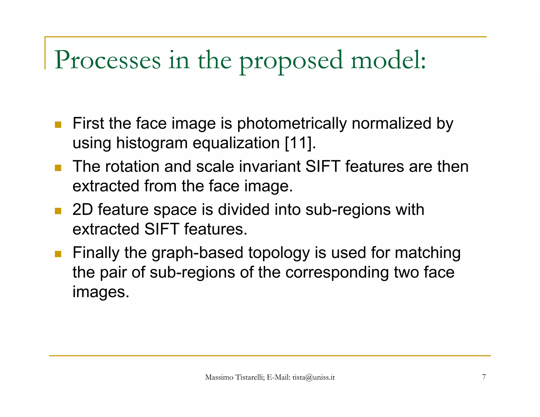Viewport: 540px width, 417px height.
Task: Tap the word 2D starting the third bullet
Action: pos(83,210)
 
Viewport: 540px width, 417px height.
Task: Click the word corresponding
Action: pos(337,273)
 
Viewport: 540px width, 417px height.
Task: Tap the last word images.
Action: pos(101,292)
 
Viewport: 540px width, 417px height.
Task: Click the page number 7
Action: pos(484,377)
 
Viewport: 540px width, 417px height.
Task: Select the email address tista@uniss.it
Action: pos(314,377)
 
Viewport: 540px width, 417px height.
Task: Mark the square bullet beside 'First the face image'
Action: pos(58,124)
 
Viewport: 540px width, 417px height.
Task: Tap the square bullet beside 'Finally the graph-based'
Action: pos(58,254)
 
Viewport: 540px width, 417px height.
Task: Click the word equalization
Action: pos(236,143)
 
